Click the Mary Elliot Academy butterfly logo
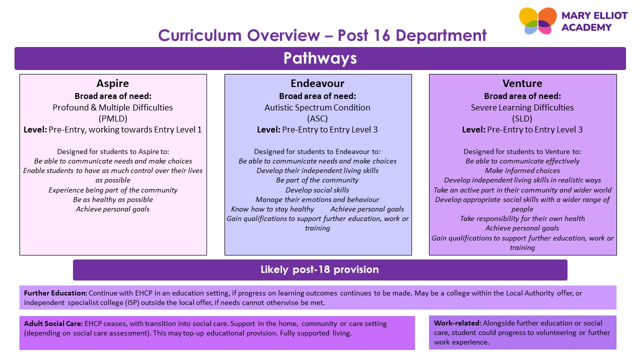coord(537,21)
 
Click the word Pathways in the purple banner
coord(320,58)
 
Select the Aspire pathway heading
coord(112,83)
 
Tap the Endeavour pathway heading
coord(317,83)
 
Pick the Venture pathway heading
coord(522,83)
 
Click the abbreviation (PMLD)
coord(113,118)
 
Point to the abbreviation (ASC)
coord(317,118)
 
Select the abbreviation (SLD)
coord(522,118)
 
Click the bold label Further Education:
coord(55,293)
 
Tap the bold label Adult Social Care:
coord(53,323)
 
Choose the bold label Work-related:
coord(457,323)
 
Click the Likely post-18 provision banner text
coord(319,269)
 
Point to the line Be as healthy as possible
coord(113,199)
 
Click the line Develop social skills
coord(317,190)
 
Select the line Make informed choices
coord(522,170)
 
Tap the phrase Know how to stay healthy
coord(272,209)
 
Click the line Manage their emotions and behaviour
coord(317,199)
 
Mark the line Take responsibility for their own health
coord(522,218)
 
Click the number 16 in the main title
coord(381,35)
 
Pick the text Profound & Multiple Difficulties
coord(112,107)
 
